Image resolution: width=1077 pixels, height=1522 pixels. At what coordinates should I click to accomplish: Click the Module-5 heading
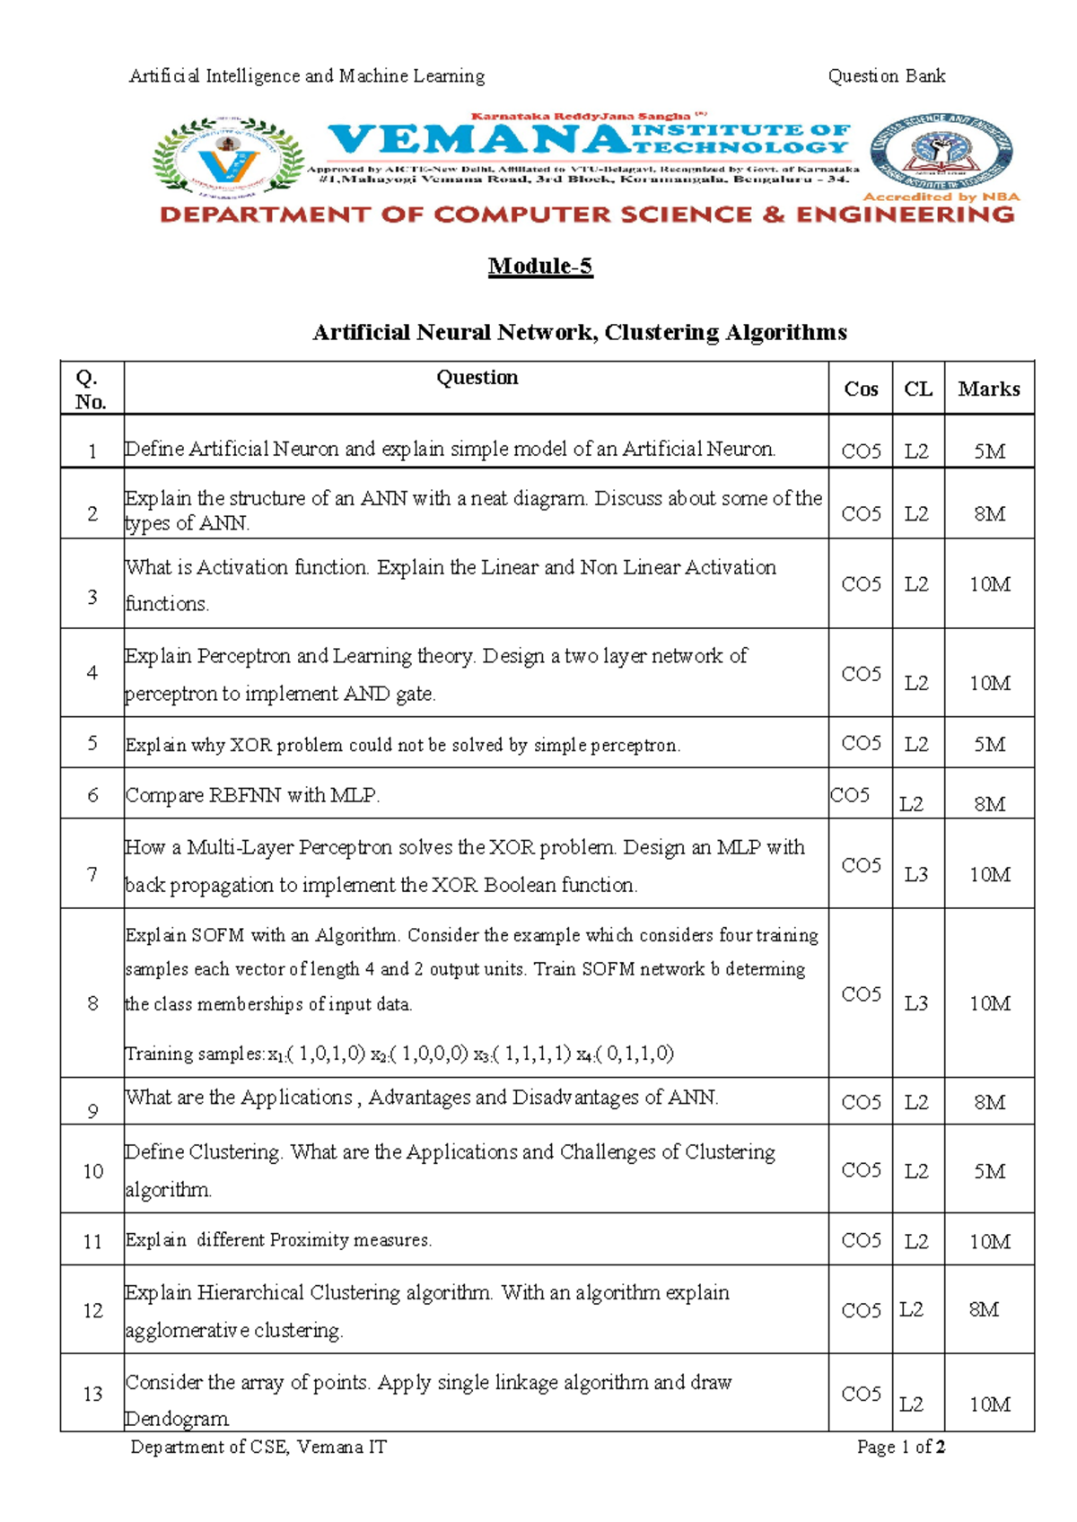(540, 267)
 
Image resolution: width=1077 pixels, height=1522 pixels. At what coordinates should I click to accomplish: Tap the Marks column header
(988, 389)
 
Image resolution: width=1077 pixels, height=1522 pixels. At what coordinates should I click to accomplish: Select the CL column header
(917, 389)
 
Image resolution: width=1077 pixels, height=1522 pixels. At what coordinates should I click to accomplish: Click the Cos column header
(861, 389)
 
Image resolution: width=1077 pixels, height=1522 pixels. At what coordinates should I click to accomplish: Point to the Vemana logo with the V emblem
(228, 158)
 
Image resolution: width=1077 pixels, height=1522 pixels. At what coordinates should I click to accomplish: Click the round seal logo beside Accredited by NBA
(941, 152)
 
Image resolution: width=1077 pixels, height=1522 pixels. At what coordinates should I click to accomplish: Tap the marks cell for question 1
(989, 451)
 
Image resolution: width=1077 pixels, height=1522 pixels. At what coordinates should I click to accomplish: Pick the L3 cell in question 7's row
(915, 874)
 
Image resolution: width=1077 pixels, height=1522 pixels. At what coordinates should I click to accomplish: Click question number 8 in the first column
(92, 1003)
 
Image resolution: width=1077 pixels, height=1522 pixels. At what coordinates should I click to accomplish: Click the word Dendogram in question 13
(177, 1419)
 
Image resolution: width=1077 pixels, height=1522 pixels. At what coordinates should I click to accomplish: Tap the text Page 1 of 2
(900, 1447)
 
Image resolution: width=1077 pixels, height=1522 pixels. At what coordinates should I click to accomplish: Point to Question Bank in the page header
(886, 76)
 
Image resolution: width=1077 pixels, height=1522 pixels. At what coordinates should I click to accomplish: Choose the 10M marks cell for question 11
(989, 1242)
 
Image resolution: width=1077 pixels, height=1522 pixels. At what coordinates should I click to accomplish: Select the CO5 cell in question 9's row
(861, 1102)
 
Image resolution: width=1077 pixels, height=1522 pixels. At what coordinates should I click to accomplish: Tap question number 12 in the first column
(92, 1311)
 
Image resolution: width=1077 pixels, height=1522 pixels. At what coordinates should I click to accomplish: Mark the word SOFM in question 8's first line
(218, 935)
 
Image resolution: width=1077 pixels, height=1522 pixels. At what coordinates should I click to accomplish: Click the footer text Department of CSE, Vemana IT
(258, 1447)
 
